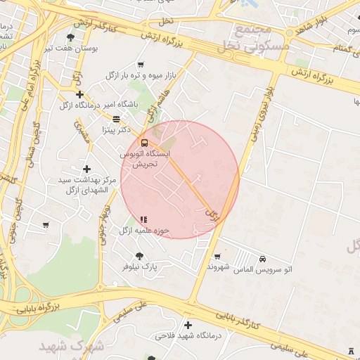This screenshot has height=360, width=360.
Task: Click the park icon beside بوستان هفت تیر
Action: coord(71,37)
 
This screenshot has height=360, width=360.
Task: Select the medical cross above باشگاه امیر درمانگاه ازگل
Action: coord(79,94)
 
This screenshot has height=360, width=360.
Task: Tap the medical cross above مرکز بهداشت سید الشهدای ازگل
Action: coord(86,169)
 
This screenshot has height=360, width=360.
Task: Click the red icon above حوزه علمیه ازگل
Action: coord(143,219)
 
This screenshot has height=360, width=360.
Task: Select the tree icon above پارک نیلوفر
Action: coord(139,256)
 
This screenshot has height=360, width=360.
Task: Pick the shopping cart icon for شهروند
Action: coord(217,256)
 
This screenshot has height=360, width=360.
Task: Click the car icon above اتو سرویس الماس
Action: coord(262,259)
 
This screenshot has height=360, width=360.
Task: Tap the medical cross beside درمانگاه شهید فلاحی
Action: coord(188,325)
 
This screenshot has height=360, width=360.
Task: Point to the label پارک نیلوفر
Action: coord(139,267)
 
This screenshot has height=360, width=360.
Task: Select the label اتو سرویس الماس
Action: coord(262,270)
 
